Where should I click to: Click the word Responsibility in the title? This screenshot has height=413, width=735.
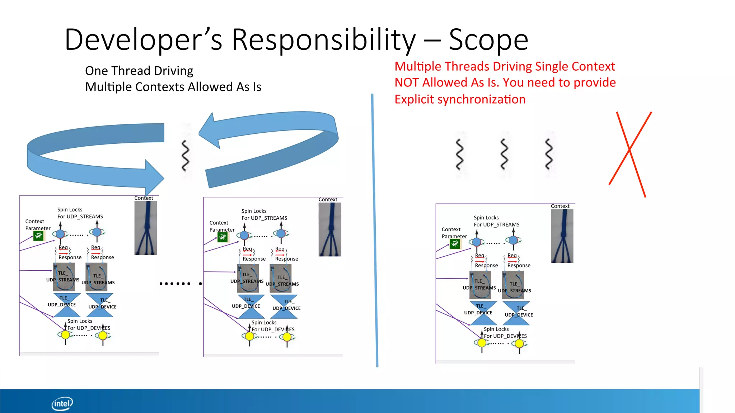(323, 39)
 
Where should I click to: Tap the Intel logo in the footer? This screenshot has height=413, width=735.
(62, 404)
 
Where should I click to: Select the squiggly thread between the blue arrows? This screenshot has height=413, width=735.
(185, 155)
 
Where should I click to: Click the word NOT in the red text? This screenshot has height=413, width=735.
(407, 82)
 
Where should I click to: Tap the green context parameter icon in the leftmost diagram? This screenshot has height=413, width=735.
(38, 236)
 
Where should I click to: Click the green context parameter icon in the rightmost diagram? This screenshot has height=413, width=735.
(455, 244)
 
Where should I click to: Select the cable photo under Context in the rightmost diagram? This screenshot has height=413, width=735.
(562, 236)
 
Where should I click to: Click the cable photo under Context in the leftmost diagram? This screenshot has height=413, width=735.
(146, 228)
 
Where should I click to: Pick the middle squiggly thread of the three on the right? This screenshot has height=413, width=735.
(504, 154)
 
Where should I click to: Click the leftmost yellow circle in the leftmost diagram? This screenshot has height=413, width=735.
(65, 335)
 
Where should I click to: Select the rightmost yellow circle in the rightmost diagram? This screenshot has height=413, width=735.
(519, 343)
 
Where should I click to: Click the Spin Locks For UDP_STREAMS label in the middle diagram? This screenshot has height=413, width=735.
(264, 214)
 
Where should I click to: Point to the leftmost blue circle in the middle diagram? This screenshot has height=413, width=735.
(244, 235)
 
